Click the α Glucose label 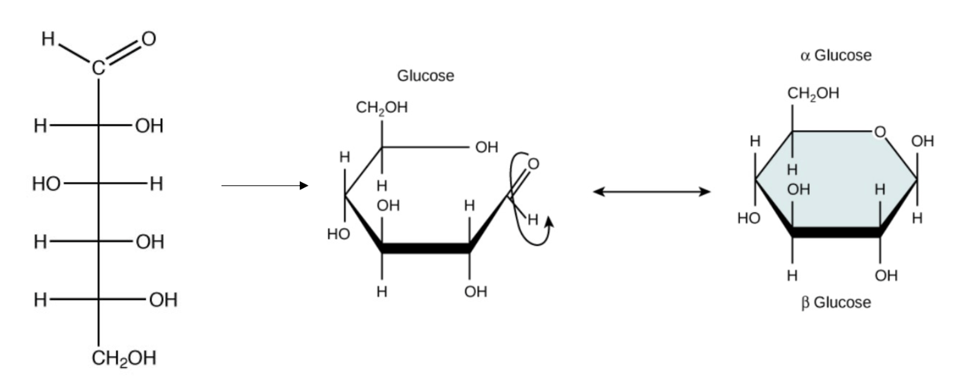(836, 55)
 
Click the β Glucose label (836, 303)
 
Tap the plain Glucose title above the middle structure (426, 75)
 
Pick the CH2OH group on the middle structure (382, 107)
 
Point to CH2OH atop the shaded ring (813, 93)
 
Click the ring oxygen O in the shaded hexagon (880, 132)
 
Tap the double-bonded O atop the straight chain (149, 39)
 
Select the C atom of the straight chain (98, 68)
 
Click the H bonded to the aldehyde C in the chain (48, 39)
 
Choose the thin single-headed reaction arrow (265, 186)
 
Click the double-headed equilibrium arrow (651, 192)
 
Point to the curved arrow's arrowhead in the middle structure (549, 222)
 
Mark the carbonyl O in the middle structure (533, 164)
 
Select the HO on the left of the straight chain (46, 184)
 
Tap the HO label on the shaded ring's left (749, 219)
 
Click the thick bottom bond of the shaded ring (836, 233)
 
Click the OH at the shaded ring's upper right (922, 141)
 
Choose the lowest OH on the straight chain (163, 300)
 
